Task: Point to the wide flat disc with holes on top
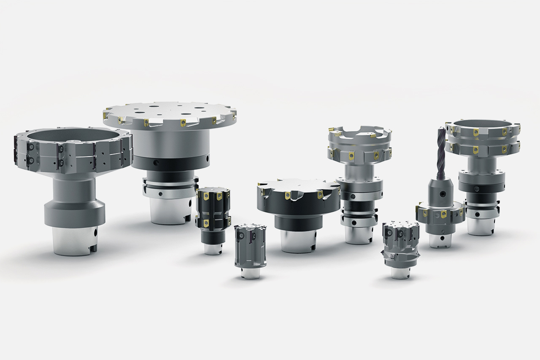[x=169, y=111]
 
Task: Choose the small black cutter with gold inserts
[x=213, y=213]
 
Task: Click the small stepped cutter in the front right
[x=400, y=245]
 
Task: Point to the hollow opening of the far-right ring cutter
[x=483, y=124]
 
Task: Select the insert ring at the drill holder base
[x=440, y=214]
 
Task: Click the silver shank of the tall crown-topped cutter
[x=359, y=233]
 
